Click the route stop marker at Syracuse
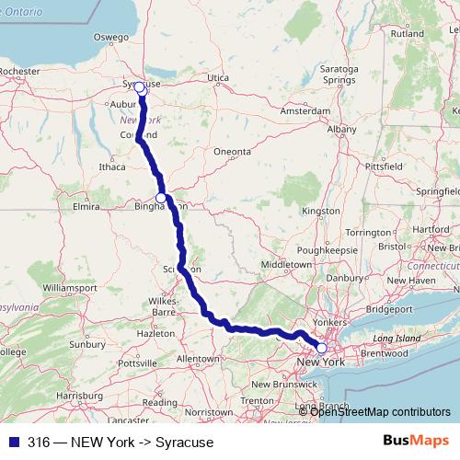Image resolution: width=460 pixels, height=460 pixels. pyautogui.click(x=140, y=87)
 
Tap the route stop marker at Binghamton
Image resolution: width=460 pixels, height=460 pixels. pyautogui.click(x=161, y=198)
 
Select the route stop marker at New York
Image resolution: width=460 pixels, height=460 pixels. pyautogui.click(x=321, y=349)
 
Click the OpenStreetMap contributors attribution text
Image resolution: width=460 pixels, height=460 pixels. pyautogui.click(x=380, y=410)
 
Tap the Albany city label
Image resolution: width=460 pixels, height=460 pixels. pyautogui.click(x=340, y=131)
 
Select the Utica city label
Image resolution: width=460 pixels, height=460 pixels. pyautogui.click(x=217, y=78)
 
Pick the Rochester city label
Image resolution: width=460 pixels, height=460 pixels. pyautogui.click(x=20, y=70)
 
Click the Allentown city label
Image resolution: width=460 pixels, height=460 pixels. pyautogui.click(x=198, y=357)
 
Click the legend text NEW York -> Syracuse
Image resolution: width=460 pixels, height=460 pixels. pyautogui.click(x=121, y=442)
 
